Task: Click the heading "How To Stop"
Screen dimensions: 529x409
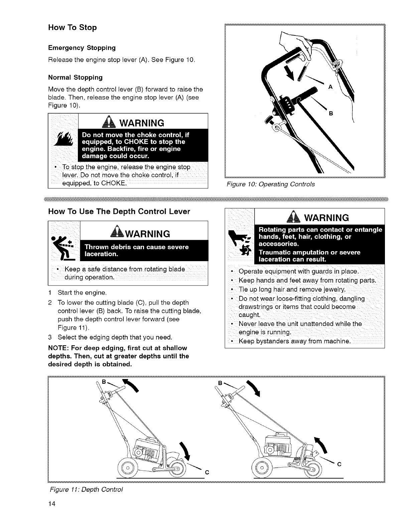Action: coord(73,27)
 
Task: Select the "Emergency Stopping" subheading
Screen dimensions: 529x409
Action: coord(82,48)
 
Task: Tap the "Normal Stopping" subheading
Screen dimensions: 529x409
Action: coord(75,77)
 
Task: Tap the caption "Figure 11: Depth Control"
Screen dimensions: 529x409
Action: coord(86,489)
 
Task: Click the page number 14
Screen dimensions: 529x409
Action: coord(52,503)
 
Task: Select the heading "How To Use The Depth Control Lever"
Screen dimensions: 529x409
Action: coord(119,211)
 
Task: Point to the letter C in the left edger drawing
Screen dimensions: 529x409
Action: coord(207,472)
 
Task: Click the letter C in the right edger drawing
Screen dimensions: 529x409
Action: coord(339,464)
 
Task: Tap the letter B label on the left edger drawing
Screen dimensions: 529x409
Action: coord(104,381)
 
